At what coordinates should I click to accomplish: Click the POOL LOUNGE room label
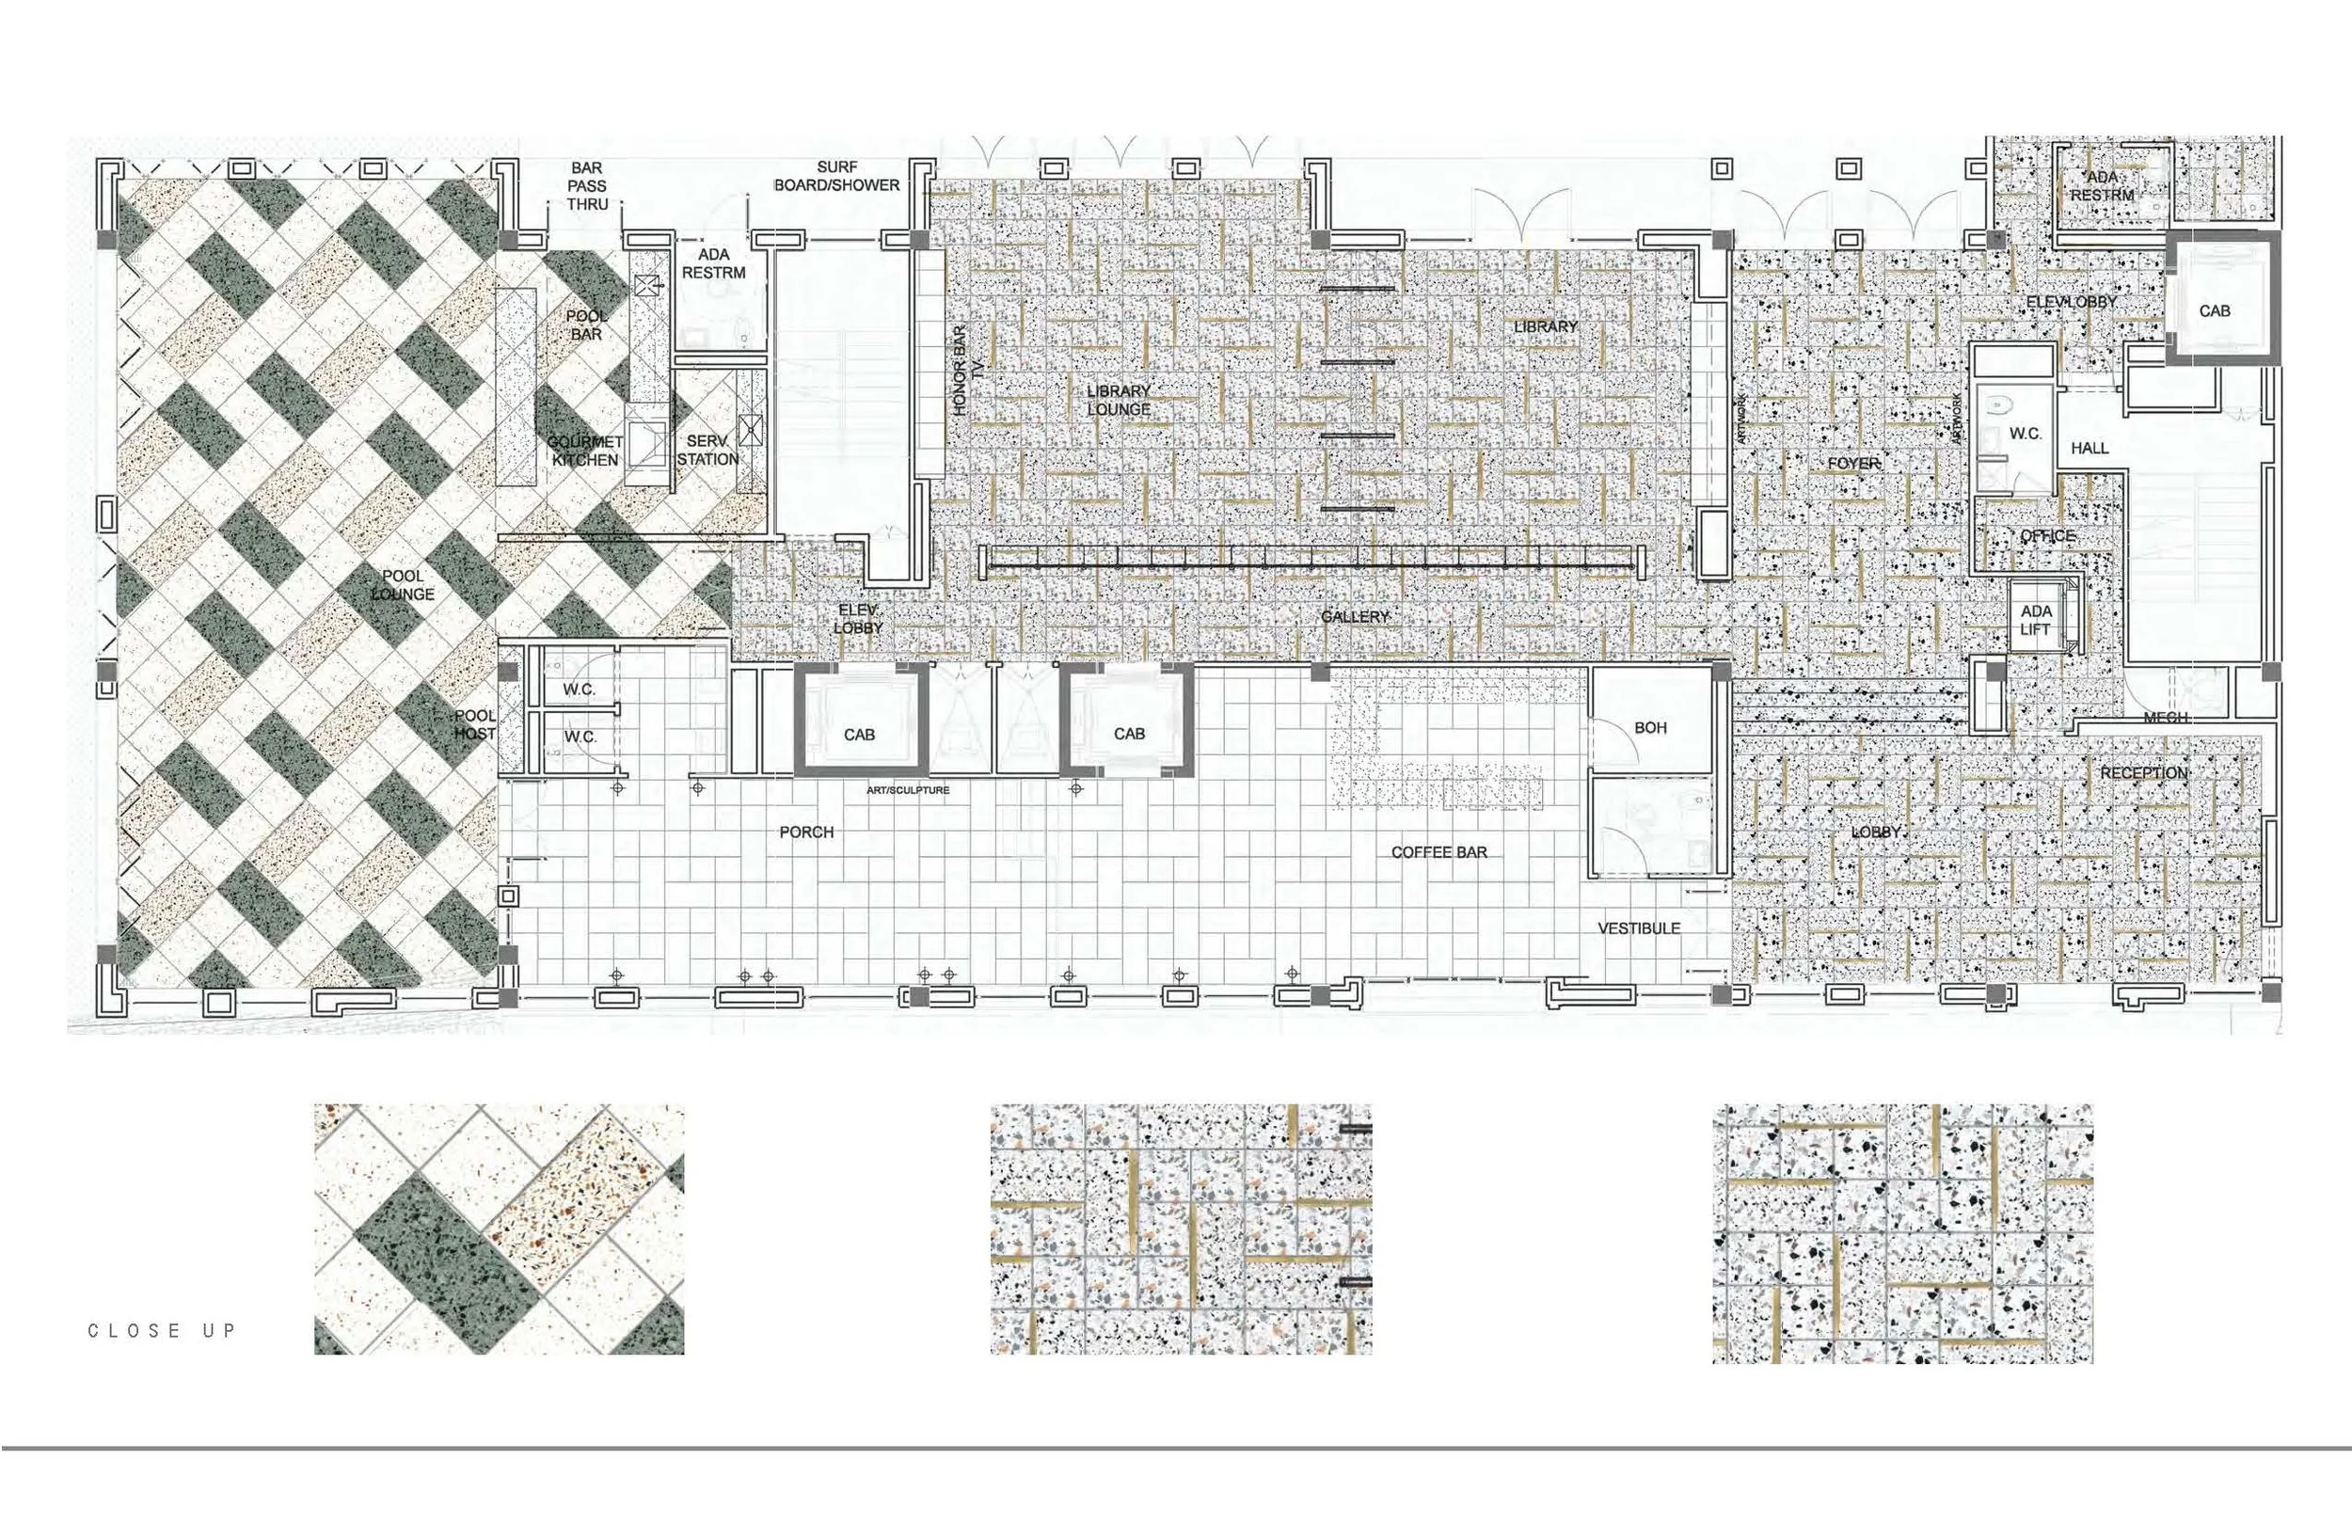pos(403,585)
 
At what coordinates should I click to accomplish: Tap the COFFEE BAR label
pos(1438,852)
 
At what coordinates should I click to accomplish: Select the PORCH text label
pos(806,832)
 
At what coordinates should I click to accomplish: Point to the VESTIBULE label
pos(1639,928)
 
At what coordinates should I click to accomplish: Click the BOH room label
pos(1650,727)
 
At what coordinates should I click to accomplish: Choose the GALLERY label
pos(1355,617)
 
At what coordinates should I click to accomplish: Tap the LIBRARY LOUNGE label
pos(1119,401)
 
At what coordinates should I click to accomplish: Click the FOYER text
pos(1853,463)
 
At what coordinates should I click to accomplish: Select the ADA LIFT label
pos(2036,621)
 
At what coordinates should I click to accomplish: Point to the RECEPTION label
pos(2143,773)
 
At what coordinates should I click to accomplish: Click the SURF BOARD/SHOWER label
pos(836,176)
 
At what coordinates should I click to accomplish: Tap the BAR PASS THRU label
pos(586,186)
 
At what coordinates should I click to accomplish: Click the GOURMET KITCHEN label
pos(585,451)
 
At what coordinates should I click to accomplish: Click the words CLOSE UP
pos(163,1330)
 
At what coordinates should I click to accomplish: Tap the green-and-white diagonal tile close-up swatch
pos(499,1229)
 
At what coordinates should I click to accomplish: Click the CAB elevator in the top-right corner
pos(2214,310)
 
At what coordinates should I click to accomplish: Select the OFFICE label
pos(2047,535)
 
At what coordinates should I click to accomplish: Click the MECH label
pos(2165,718)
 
